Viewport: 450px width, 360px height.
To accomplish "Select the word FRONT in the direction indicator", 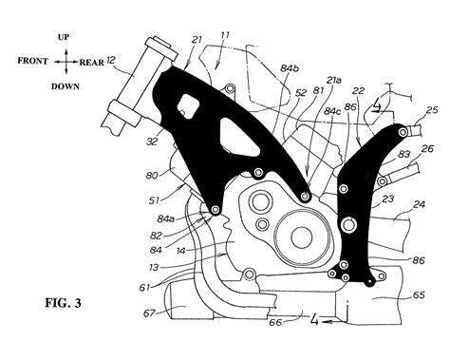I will coord(33,60).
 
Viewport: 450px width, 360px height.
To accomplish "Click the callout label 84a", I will coord(165,219).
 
